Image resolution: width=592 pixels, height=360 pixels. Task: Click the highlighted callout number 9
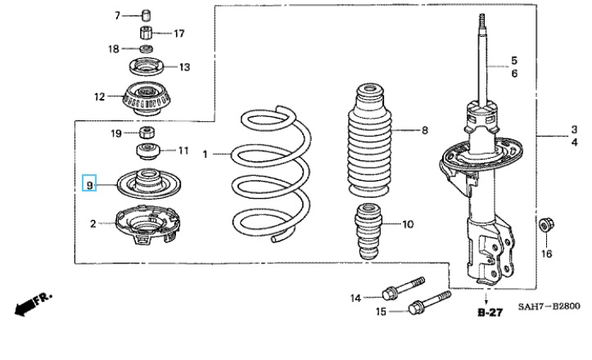click(x=89, y=185)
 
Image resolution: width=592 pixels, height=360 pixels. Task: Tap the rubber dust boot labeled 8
click(x=369, y=141)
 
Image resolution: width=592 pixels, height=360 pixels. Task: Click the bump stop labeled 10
click(x=368, y=231)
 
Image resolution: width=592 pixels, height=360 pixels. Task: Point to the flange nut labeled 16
click(x=545, y=225)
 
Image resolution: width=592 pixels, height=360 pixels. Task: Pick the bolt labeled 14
click(x=403, y=288)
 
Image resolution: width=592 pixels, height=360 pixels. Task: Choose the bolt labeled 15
click(x=430, y=302)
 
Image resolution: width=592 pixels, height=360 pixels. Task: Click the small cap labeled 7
click(x=147, y=16)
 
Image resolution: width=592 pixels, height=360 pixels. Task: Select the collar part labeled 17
click(x=147, y=32)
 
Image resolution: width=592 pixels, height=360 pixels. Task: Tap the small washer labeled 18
click(x=146, y=48)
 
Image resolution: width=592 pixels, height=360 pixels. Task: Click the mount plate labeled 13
click(x=146, y=67)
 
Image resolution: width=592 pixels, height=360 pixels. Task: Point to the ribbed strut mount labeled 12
click(x=147, y=99)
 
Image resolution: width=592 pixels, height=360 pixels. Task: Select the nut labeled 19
click(x=147, y=133)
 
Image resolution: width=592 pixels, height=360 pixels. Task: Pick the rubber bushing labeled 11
click(x=148, y=151)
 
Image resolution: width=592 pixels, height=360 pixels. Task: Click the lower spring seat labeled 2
click(x=147, y=224)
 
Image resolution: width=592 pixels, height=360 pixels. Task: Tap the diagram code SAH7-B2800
click(x=549, y=306)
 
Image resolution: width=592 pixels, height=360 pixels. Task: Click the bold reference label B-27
click(x=490, y=313)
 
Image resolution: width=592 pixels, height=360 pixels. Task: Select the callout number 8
click(x=425, y=131)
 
